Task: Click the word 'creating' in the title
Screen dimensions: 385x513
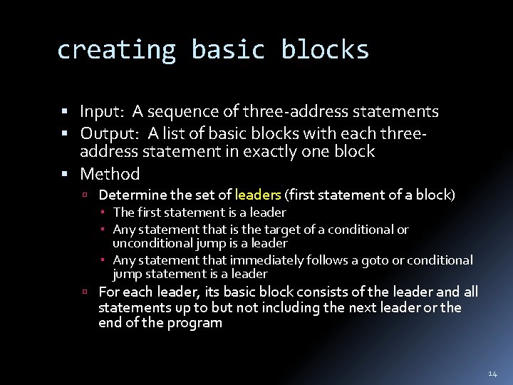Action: [115, 50]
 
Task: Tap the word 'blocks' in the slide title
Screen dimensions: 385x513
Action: [325, 50]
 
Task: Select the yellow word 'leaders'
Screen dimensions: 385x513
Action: [258, 195]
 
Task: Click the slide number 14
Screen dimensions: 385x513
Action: [493, 374]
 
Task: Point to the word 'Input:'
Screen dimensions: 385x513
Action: [103, 112]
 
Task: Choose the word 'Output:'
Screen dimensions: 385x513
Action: [111, 133]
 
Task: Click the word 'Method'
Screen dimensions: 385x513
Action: [110, 174]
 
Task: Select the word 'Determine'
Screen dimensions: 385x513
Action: [133, 195]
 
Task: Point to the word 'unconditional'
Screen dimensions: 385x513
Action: [150, 243]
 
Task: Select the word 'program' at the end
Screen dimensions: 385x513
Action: [196, 323]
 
